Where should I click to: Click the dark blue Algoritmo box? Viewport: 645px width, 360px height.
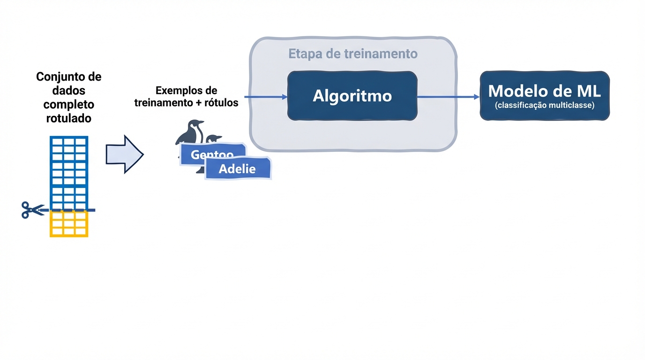tap(352, 96)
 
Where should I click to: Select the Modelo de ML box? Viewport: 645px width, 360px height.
tap(545, 96)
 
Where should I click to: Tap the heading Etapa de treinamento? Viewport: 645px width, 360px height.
tap(352, 53)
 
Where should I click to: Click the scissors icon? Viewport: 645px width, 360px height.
tap(31, 210)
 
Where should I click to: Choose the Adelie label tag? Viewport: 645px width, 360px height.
tap(238, 169)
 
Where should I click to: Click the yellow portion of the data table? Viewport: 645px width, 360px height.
tap(69, 224)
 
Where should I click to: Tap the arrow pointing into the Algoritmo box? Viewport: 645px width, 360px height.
tap(265, 97)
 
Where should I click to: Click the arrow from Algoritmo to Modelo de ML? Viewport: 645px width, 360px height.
tap(448, 97)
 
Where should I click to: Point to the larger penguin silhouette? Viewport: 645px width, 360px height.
tap(190, 134)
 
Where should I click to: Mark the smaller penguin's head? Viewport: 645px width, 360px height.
tap(214, 139)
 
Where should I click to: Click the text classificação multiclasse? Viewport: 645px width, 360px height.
tap(545, 105)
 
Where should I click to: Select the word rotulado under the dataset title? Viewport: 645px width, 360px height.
tap(68, 118)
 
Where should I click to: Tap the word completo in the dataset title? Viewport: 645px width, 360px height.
tap(68, 104)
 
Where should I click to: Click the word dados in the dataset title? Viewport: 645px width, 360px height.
tap(68, 90)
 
